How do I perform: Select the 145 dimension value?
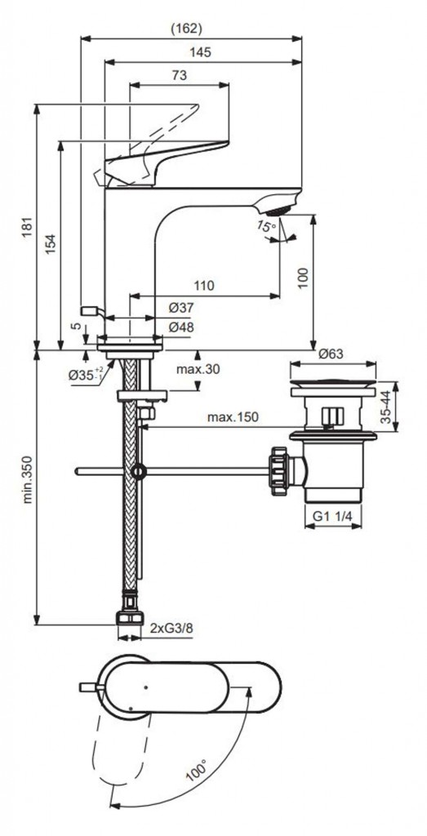[201, 52]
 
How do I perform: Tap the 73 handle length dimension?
[180, 75]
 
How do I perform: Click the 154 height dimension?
[51, 243]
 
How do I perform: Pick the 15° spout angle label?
[265, 226]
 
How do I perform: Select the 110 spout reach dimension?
[203, 286]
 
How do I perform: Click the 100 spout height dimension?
[303, 278]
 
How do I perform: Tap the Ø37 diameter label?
[181, 308]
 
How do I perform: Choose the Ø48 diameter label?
[181, 327]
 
